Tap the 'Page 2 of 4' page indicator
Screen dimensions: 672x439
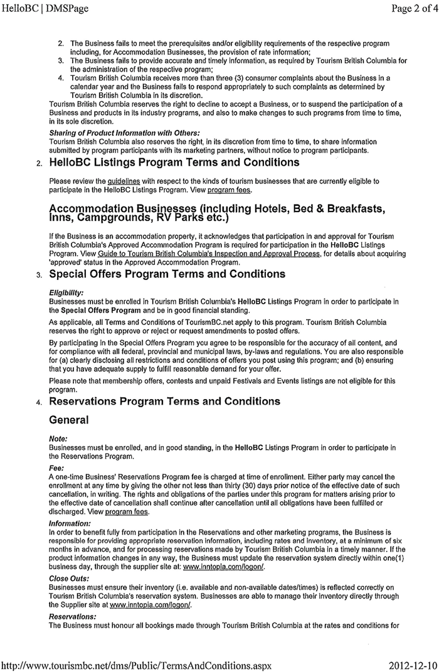click(x=407, y=9)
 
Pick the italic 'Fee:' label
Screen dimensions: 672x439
click(x=56, y=467)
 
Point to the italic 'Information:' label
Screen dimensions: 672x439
click(x=69, y=523)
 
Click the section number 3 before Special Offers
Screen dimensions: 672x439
click(x=38, y=275)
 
